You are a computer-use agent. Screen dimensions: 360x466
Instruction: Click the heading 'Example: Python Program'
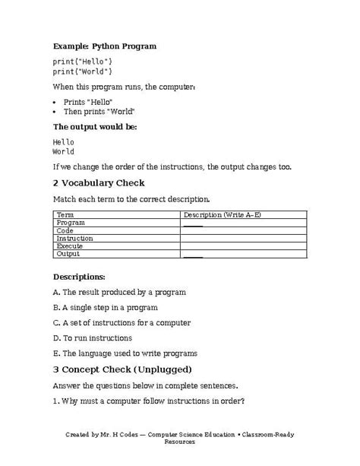[x=105, y=46]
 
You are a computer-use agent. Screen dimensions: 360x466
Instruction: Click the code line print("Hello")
[x=83, y=61]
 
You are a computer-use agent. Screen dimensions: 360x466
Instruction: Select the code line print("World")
[x=83, y=71]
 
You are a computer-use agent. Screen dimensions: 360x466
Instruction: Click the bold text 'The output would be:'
[x=94, y=126]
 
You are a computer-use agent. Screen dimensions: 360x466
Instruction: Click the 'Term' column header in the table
[x=65, y=215]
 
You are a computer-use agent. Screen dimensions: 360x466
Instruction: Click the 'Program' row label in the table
[x=71, y=223]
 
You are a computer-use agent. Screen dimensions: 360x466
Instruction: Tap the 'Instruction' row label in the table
[x=75, y=238]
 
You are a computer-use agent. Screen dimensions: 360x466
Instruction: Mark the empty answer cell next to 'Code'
[x=242, y=230]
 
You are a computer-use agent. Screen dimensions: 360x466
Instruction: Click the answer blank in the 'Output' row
[x=193, y=255]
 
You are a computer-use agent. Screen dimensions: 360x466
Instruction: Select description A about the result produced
[x=119, y=292]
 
